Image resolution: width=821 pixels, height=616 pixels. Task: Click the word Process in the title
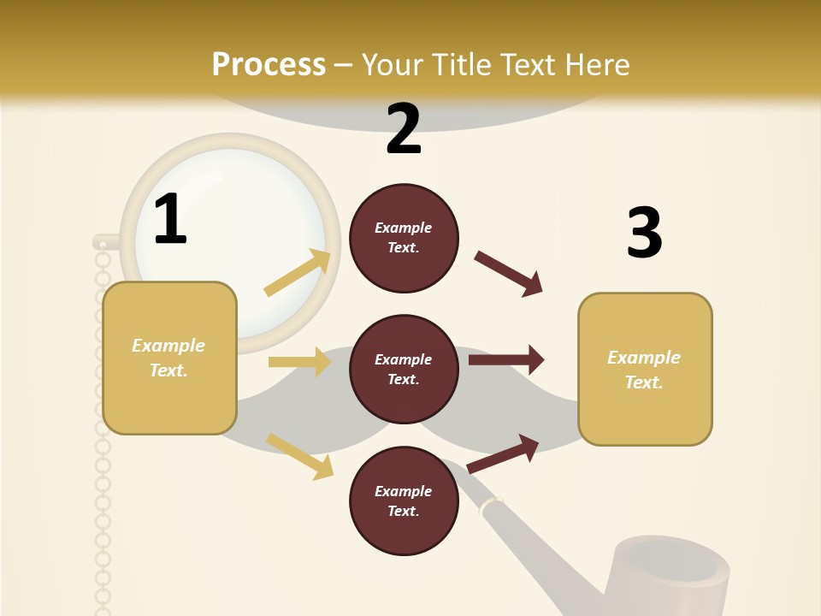(269, 64)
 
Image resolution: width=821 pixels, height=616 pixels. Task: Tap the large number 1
(170, 220)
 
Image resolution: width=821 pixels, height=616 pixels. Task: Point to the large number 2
(404, 129)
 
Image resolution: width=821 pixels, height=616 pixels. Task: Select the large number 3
(644, 233)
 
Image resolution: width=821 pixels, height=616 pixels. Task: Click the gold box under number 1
(169, 358)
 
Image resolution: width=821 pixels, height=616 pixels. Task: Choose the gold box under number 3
(645, 369)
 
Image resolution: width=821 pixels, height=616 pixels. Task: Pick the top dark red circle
(404, 238)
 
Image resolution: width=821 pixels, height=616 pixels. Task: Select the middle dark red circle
(404, 369)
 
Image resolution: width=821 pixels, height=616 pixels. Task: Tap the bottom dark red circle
(404, 500)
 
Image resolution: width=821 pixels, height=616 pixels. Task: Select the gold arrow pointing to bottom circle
(300, 456)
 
